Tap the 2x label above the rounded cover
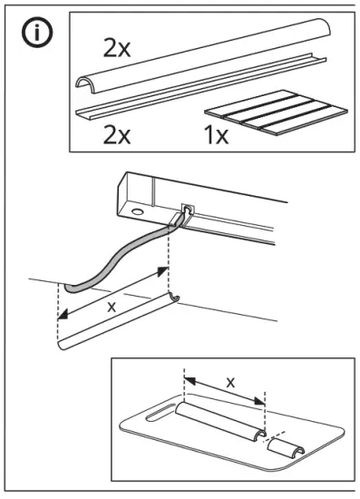115,49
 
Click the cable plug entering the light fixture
185,214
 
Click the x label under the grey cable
112,307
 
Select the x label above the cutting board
229,382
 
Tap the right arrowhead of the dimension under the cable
164,270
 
